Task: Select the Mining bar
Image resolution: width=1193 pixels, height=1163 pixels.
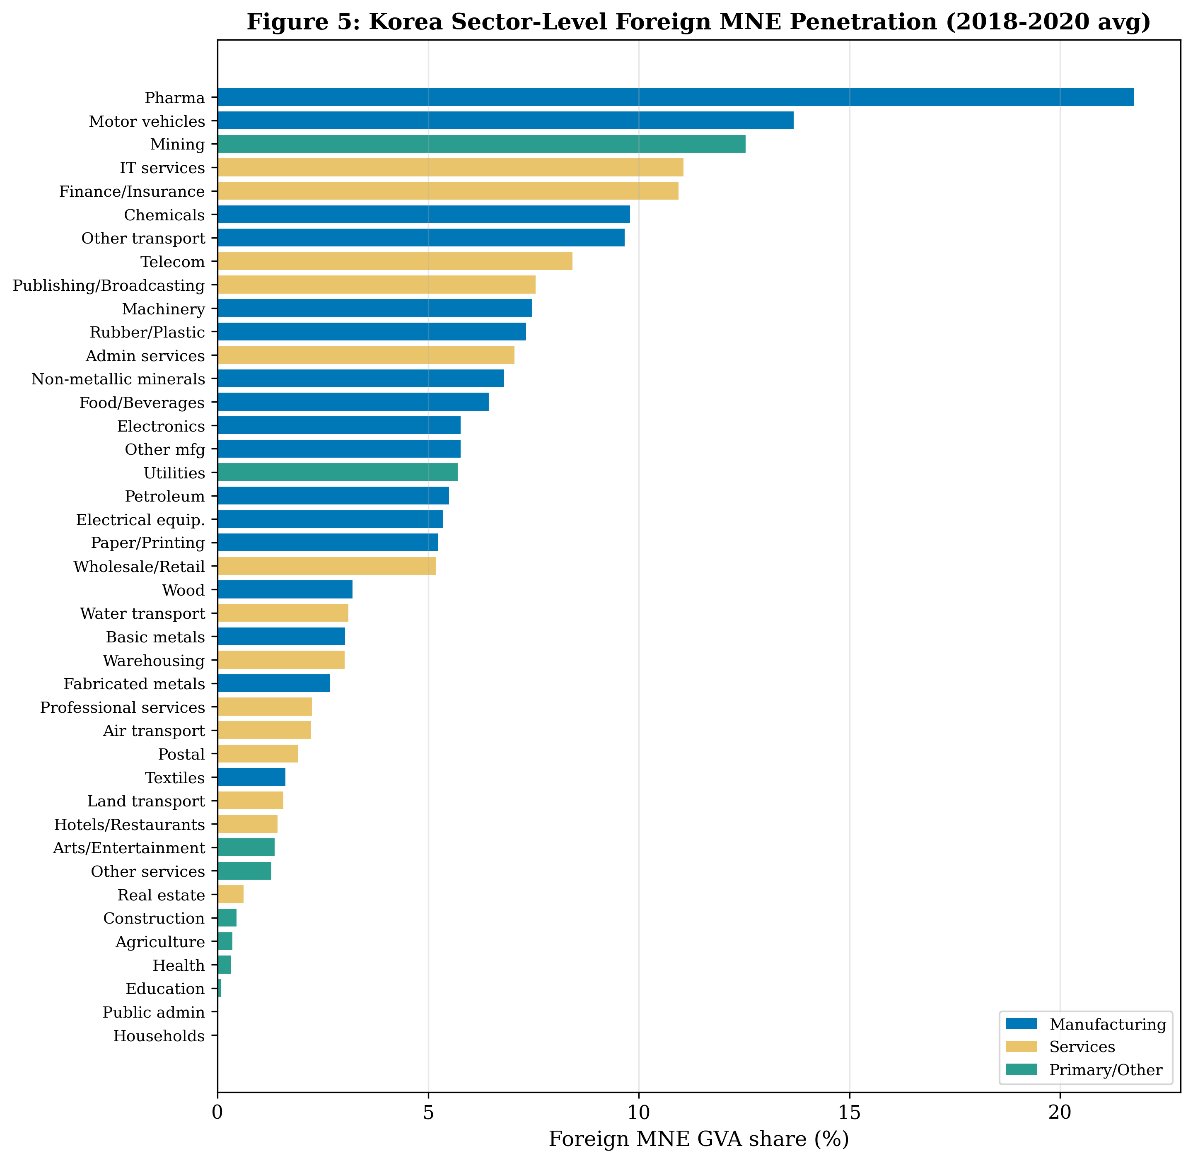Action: click(481, 144)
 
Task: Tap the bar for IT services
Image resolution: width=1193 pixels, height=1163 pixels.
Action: click(450, 167)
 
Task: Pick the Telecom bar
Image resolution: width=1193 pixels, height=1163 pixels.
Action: click(395, 261)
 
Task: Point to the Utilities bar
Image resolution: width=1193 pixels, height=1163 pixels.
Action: click(337, 473)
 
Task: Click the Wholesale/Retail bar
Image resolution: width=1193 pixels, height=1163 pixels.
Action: click(326, 566)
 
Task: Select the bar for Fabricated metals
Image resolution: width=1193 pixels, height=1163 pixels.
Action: click(274, 683)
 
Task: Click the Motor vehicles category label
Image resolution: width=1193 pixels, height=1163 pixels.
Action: click(147, 121)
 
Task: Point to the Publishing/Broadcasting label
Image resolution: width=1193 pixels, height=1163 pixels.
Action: click(109, 285)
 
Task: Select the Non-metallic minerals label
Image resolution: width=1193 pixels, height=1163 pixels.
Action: click(118, 379)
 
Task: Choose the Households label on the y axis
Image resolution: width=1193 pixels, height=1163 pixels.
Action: click(159, 1036)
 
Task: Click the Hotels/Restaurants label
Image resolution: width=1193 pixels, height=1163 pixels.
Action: click(130, 825)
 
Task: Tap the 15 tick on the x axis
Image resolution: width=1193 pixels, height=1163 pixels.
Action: click(849, 1112)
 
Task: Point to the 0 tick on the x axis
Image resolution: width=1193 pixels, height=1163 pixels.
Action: click(217, 1112)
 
